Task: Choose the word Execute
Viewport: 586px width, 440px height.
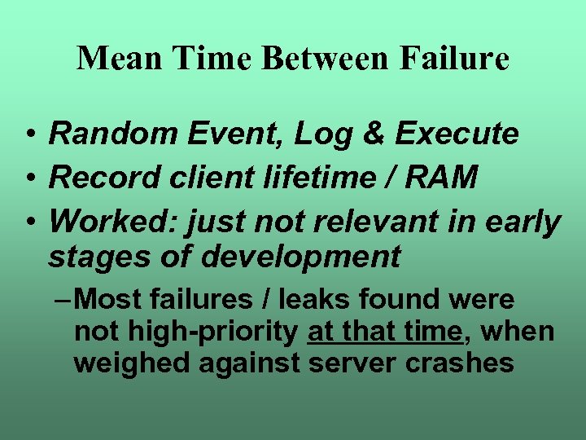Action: tap(457, 134)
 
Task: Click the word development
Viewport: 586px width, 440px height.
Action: tap(300, 257)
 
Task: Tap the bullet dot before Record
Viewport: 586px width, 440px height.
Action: tap(29, 178)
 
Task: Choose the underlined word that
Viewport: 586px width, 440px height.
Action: tap(381, 332)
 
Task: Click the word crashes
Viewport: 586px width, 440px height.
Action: tap(461, 363)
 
